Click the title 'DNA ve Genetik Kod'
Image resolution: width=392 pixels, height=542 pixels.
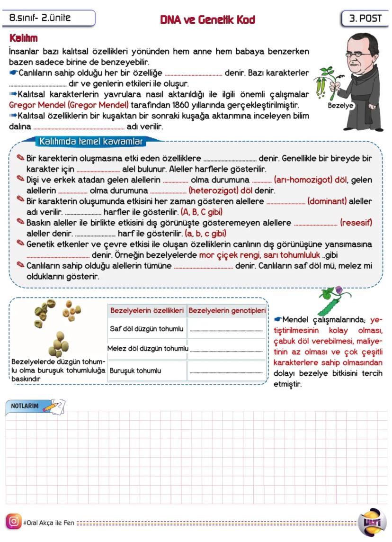click(x=207, y=19)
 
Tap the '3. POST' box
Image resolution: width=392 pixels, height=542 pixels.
click(x=365, y=19)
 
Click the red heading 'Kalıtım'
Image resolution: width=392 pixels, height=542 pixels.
click(x=23, y=38)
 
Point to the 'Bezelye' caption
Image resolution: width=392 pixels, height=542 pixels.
click(x=340, y=106)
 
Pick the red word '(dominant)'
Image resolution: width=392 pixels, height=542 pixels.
click(x=327, y=201)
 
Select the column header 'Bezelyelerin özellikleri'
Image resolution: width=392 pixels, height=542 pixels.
click(x=147, y=311)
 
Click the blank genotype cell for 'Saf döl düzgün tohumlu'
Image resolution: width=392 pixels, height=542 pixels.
click(x=227, y=328)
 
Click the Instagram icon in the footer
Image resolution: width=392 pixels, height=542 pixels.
click(x=14, y=522)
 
